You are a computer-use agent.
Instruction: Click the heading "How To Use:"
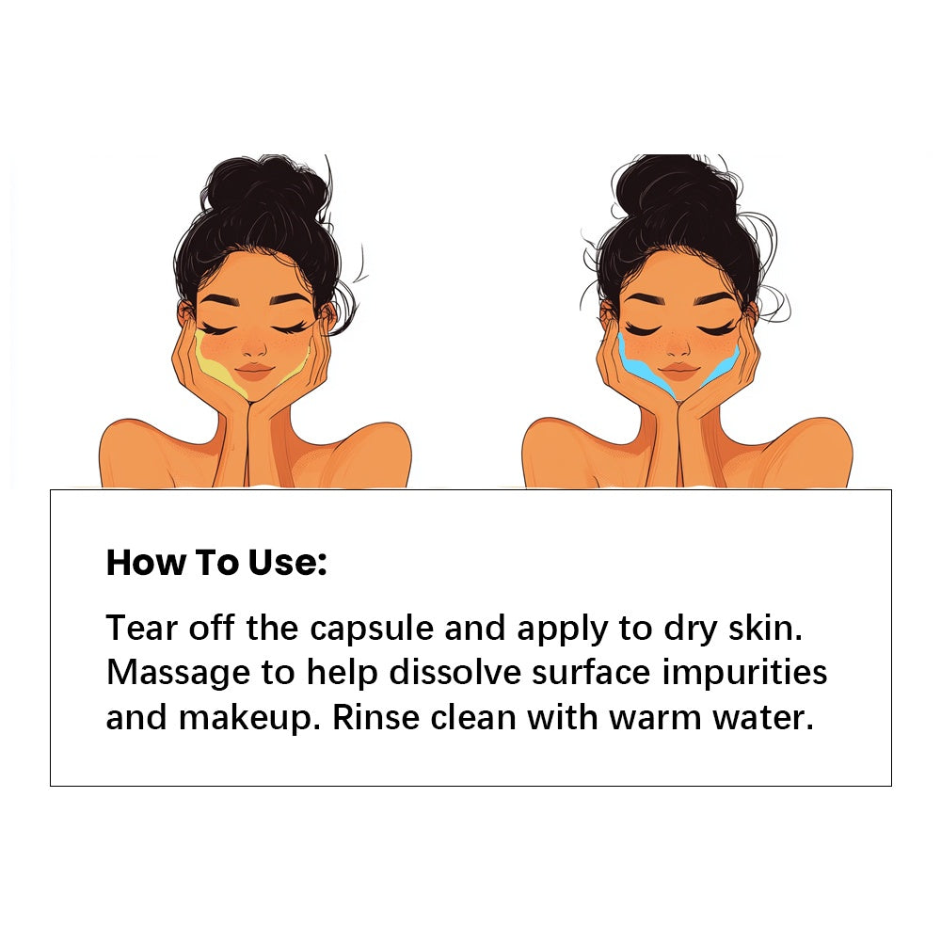click(216, 562)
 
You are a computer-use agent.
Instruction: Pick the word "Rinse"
click(372, 718)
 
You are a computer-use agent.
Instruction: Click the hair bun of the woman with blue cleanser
click(675, 187)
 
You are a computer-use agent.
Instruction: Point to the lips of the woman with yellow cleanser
click(252, 369)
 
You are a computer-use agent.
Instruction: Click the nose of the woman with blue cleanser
click(678, 347)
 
